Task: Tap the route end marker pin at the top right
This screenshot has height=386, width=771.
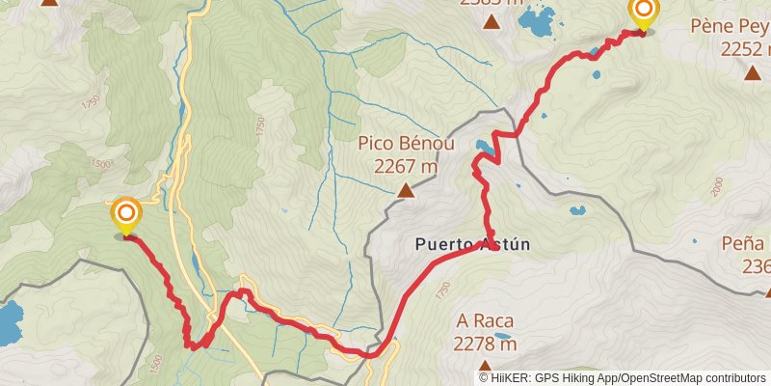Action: click(x=643, y=14)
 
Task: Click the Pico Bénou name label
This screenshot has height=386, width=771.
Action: click(x=406, y=144)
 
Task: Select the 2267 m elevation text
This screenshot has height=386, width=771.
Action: click(x=407, y=166)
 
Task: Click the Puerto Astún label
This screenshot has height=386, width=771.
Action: click(x=472, y=245)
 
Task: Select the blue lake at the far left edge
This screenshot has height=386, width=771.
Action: click(x=9, y=323)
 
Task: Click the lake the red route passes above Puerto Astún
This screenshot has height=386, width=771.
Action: click(x=486, y=150)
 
